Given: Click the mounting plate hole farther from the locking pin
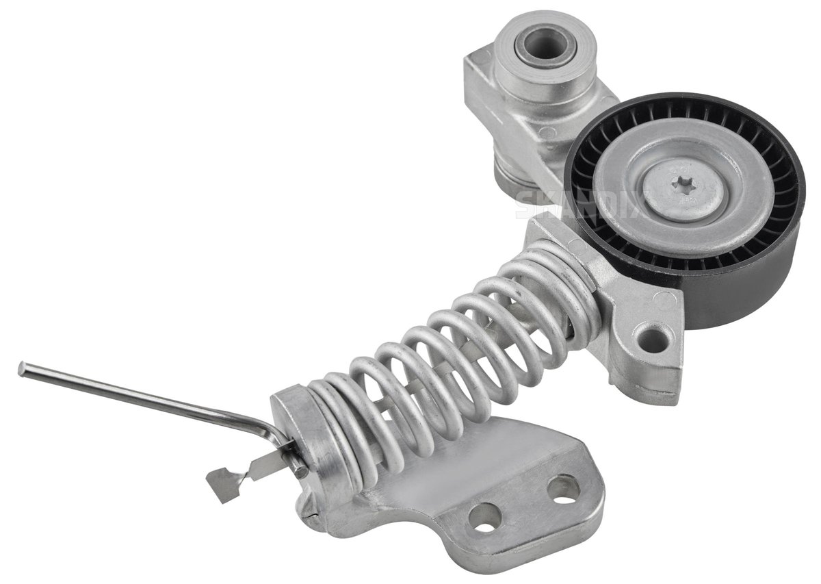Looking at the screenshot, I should coord(563,490).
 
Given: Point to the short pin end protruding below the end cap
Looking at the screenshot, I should coord(301,470).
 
